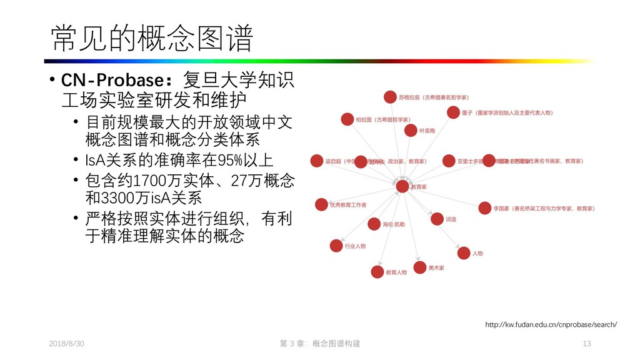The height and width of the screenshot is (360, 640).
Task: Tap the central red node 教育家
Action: pyautogui.click(x=402, y=186)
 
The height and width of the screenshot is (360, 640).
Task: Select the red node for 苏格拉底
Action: pyautogui.click(x=390, y=97)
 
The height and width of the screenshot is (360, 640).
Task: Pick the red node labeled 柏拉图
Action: pyautogui.click(x=347, y=119)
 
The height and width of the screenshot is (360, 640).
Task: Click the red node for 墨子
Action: pyautogui.click(x=453, y=112)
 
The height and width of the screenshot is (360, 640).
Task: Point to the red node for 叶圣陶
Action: pyautogui.click(x=410, y=130)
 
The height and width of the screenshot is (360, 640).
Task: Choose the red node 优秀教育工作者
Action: pyautogui.click(x=321, y=204)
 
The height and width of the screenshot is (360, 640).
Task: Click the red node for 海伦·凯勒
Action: pyautogui.click(x=374, y=224)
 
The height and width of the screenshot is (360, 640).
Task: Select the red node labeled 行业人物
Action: pyautogui.click(x=336, y=246)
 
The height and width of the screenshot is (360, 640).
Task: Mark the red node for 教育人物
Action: pyautogui.click(x=377, y=272)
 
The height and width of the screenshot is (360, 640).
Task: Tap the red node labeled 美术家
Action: pyautogui.click(x=419, y=267)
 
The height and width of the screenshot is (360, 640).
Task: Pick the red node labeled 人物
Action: pyautogui.click(x=463, y=253)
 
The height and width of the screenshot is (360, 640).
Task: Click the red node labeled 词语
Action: pyautogui.click(x=436, y=219)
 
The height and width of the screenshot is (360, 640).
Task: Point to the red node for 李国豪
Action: pyautogui.click(x=484, y=207)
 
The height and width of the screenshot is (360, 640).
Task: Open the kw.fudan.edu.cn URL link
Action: pyautogui.click(x=551, y=324)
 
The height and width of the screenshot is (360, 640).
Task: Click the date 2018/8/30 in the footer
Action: pyautogui.click(x=66, y=344)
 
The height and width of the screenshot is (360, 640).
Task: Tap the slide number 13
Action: pyautogui.click(x=586, y=344)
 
